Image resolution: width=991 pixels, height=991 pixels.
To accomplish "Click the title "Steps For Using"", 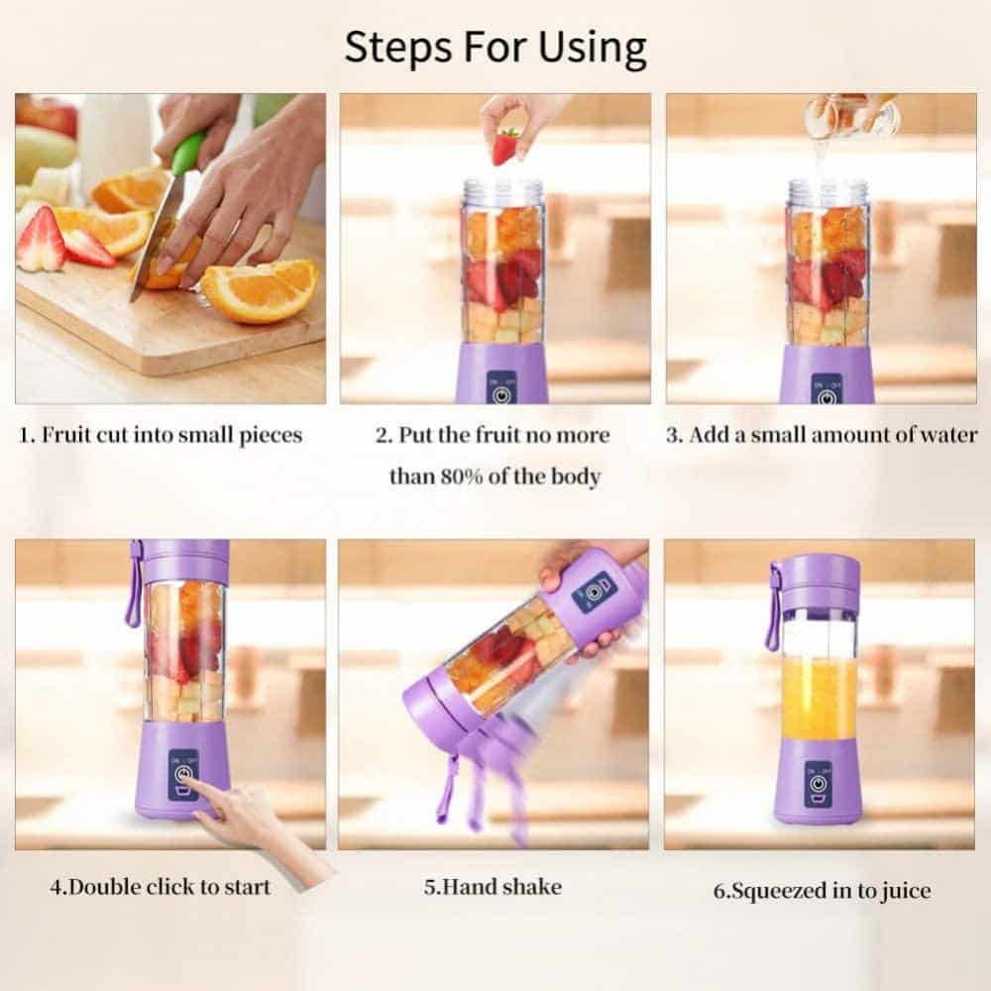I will point(495,47).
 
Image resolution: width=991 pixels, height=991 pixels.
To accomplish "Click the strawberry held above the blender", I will point(505,147).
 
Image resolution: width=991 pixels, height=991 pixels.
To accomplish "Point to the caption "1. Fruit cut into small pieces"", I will point(162,435).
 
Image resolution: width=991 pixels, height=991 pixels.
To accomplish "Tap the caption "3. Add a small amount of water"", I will point(821,435).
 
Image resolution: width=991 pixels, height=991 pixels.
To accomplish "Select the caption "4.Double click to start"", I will point(161,886).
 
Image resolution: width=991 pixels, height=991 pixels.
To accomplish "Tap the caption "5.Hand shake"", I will point(493,886).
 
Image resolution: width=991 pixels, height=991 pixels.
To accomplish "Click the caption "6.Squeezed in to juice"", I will point(822,890).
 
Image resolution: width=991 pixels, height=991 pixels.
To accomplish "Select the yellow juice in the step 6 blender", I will point(819,700).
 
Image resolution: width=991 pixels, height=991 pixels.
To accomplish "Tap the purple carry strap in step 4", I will point(133,585).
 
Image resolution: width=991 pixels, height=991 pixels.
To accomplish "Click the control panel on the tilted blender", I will point(594,592).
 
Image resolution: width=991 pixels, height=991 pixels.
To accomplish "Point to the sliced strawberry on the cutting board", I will point(42,241).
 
